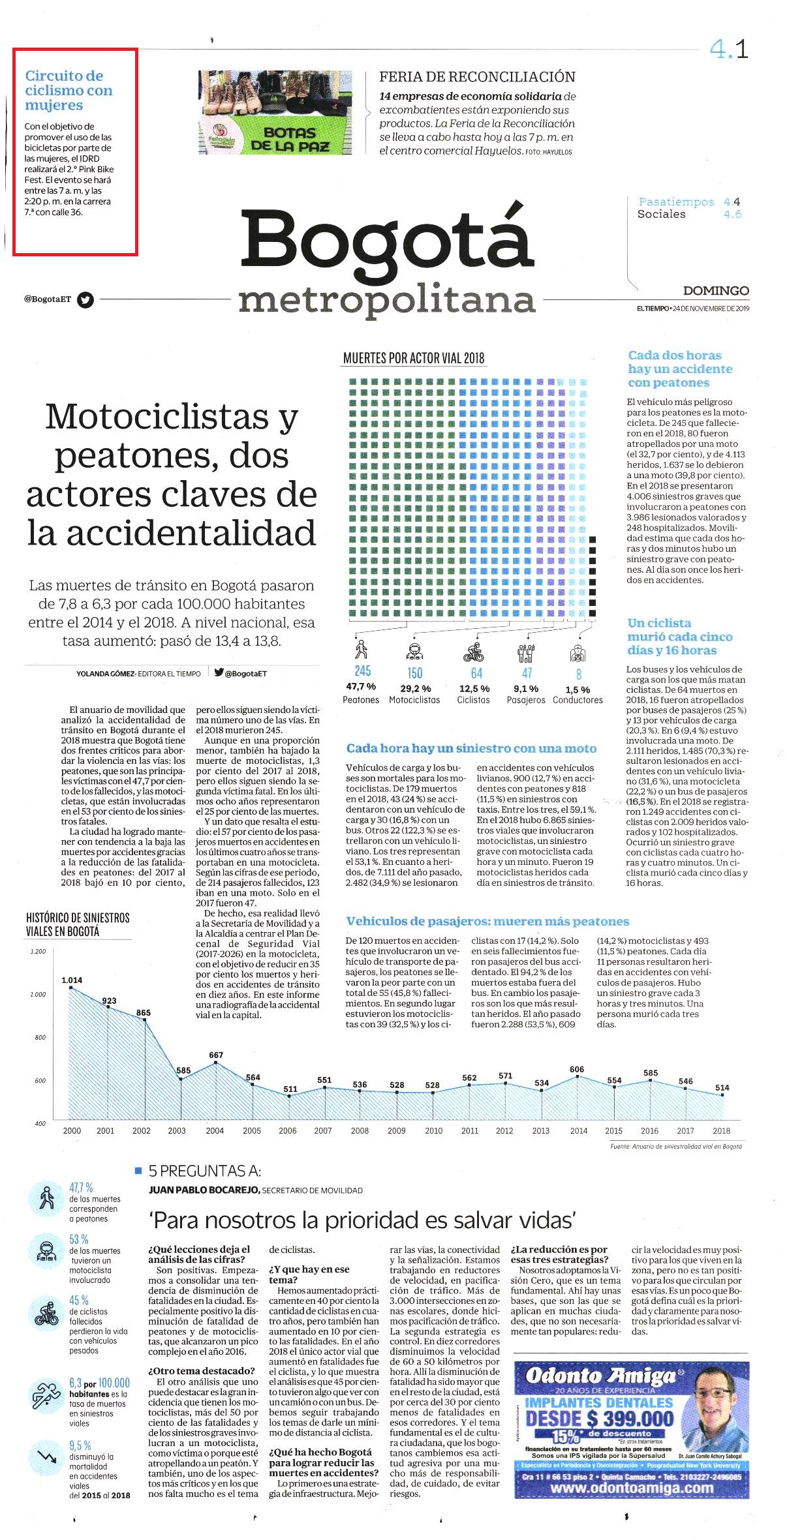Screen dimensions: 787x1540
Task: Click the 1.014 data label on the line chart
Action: (72, 980)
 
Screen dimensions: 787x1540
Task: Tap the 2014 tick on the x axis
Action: (578, 1131)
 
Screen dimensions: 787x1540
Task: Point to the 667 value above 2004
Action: (216, 1055)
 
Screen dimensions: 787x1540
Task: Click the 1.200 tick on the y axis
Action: (38, 952)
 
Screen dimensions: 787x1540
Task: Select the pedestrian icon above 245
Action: (361, 649)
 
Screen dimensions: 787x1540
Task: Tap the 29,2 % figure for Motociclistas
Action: (415, 689)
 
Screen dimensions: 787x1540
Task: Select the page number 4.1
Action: (729, 50)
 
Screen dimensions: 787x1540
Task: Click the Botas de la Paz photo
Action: (275, 112)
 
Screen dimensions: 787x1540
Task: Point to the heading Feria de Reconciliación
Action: (477, 77)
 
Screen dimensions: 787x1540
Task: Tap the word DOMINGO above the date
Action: (716, 291)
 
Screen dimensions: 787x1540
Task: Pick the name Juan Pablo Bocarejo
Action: (204, 1190)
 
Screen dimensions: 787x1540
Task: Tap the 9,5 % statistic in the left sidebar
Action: (80, 1446)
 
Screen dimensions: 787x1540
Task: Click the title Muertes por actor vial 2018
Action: (414, 358)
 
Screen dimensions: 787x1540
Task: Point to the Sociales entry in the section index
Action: (661, 215)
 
